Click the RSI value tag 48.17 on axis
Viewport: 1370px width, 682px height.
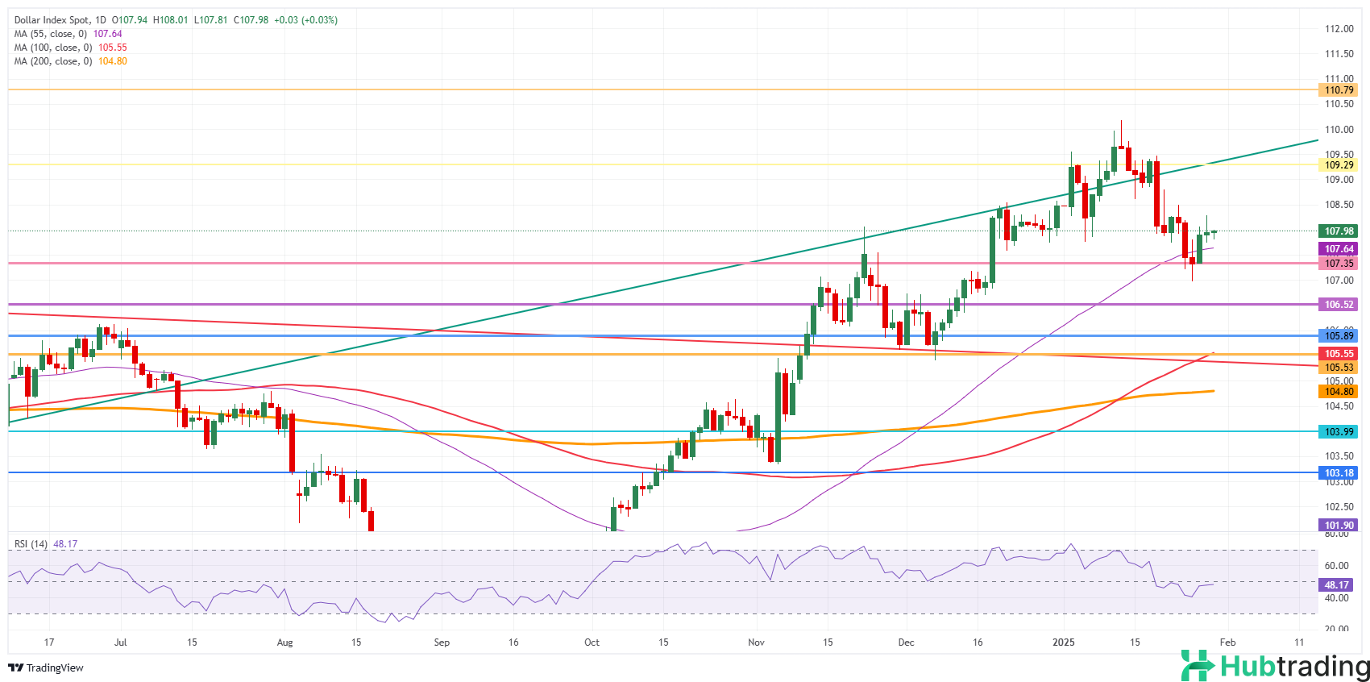[x=1337, y=585]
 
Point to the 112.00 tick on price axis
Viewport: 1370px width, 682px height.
[x=1339, y=29]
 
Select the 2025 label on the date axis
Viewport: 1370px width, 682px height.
[x=1064, y=642]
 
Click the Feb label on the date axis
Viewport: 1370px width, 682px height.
[x=1227, y=642]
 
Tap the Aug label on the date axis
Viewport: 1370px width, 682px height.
[x=284, y=642]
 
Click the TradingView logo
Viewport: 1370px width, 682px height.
[x=46, y=667]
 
